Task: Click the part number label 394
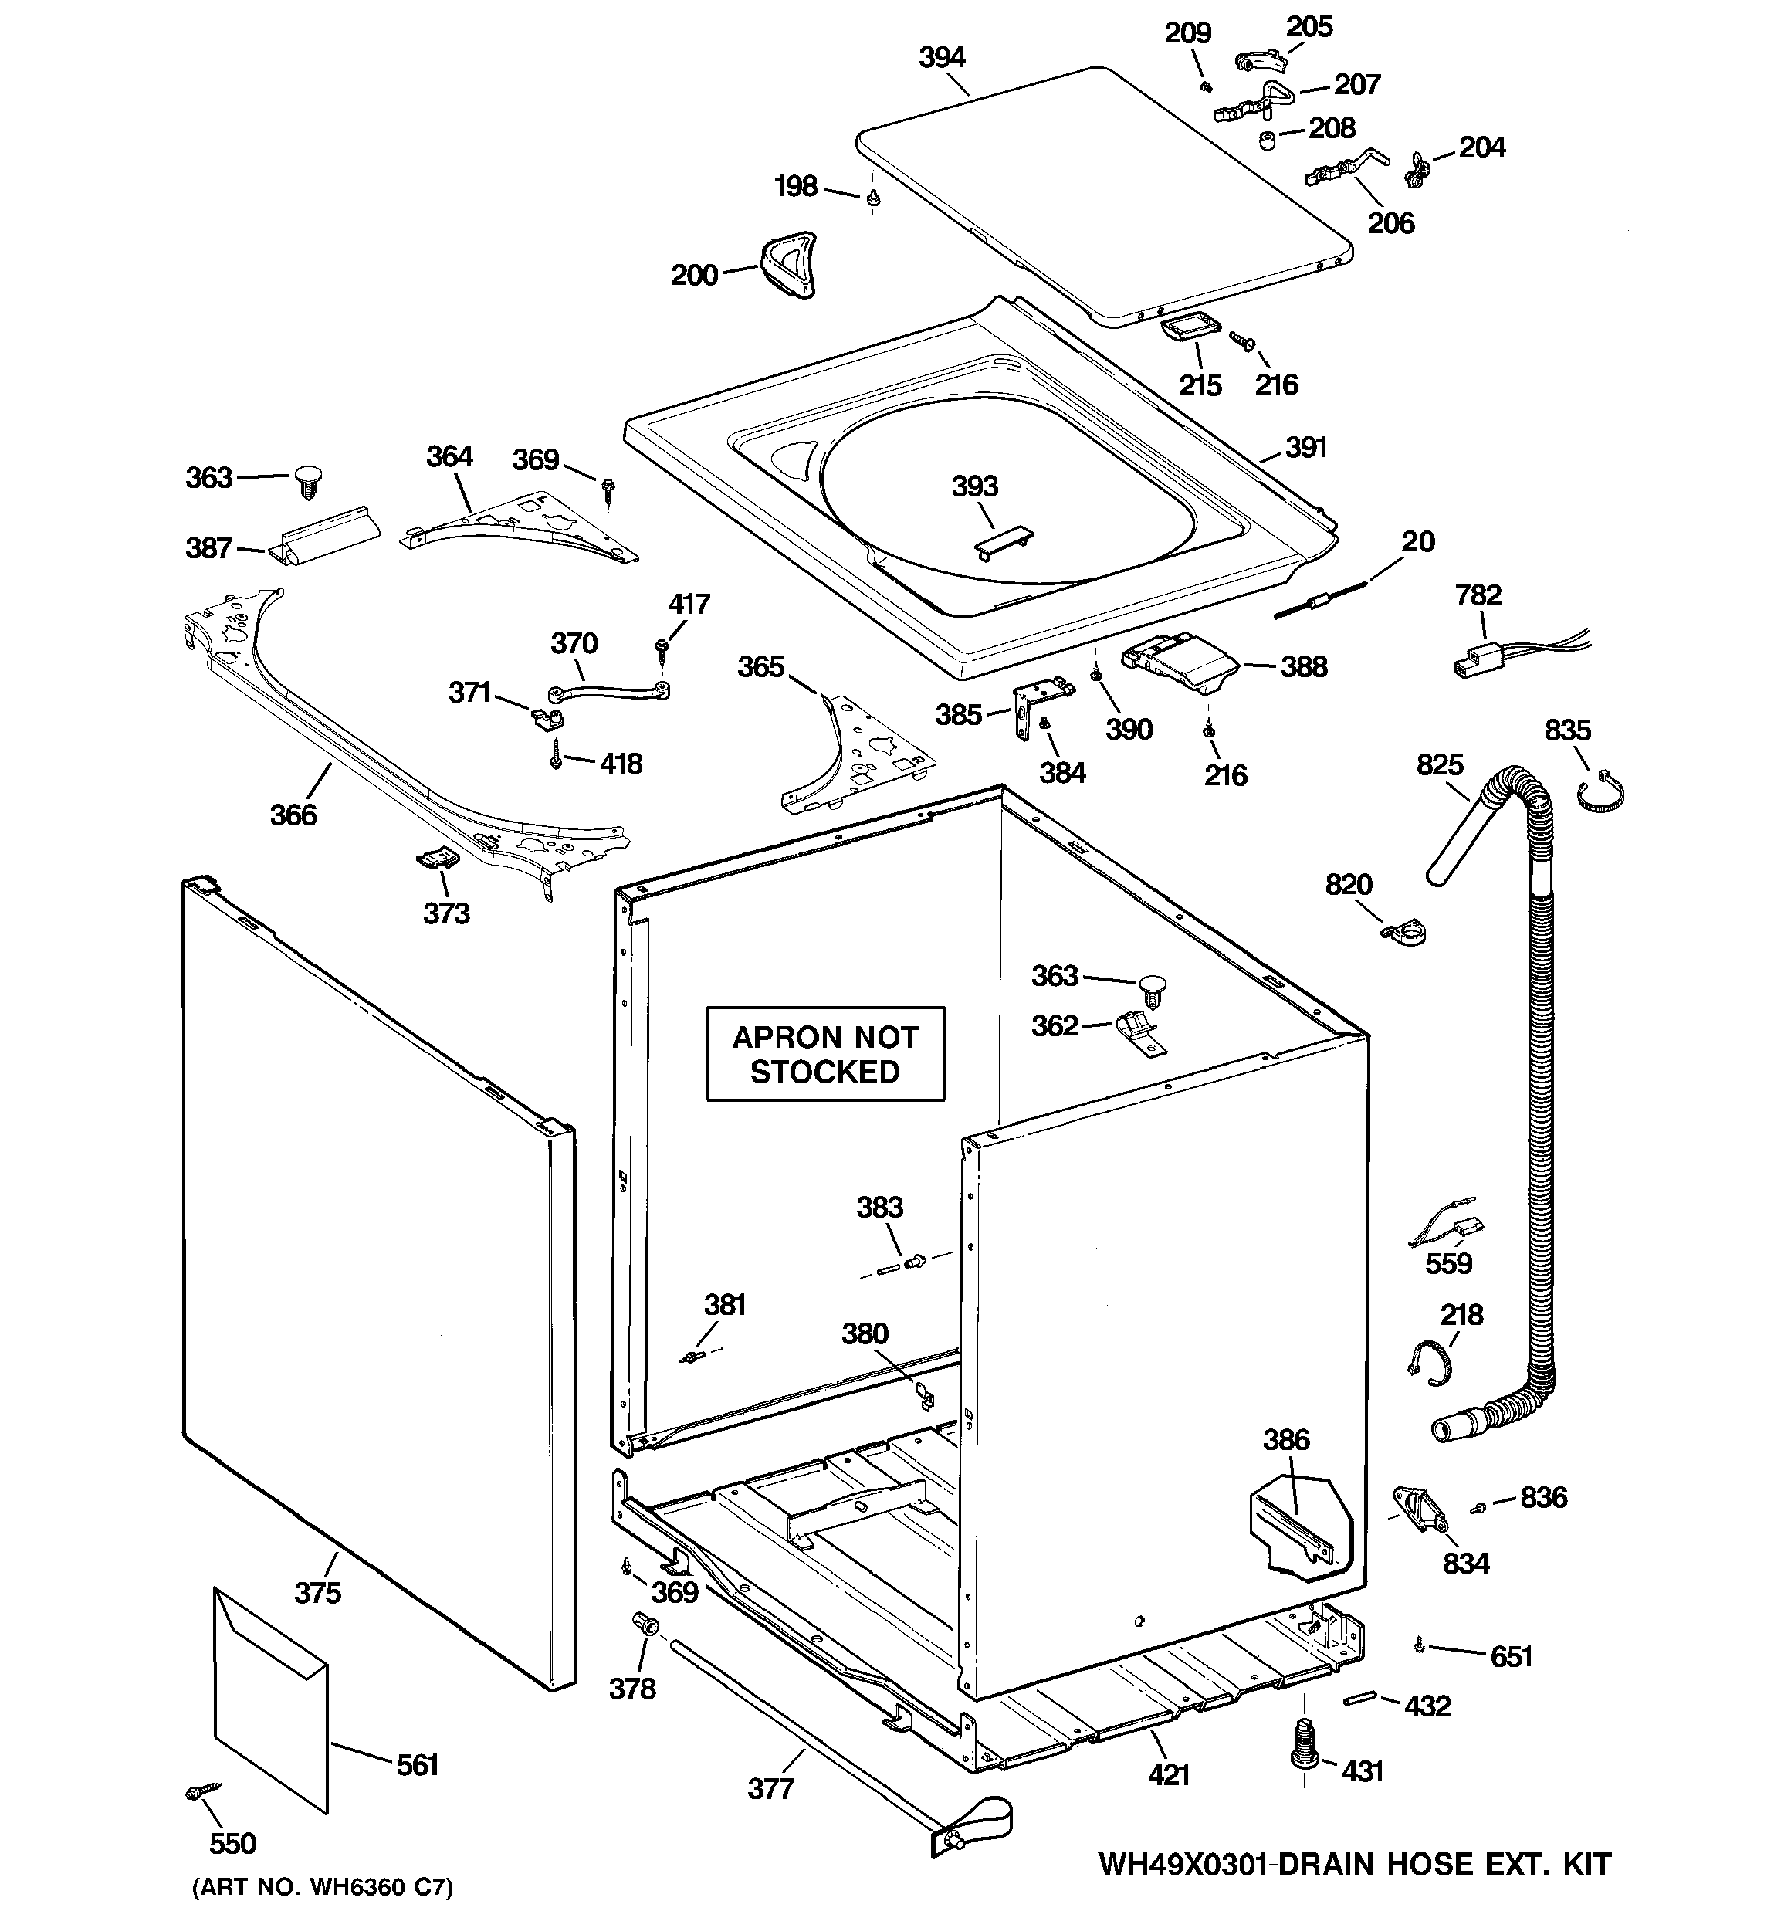941,58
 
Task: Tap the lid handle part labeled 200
788,264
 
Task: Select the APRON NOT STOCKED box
824,1053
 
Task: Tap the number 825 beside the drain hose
1439,764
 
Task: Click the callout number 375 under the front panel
317,1593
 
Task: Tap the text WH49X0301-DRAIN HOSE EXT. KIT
1353,1864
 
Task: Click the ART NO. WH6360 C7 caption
322,1886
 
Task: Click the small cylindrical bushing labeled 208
1267,141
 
